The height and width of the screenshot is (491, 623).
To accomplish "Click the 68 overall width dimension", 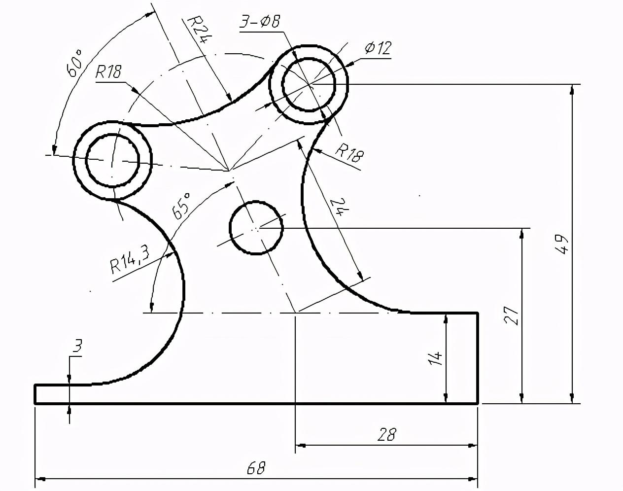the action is [x=256, y=468].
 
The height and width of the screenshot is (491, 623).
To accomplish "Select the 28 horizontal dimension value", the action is [x=386, y=434].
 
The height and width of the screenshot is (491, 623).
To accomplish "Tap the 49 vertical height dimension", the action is [x=562, y=244].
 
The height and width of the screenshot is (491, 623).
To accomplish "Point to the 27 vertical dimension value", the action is [x=512, y=316].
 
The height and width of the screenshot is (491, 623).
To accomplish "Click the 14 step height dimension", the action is [x=435, y=358].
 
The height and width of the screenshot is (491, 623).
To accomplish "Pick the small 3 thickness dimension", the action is [x=77, y=346].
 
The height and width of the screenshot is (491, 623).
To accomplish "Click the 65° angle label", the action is [x=181, y=206].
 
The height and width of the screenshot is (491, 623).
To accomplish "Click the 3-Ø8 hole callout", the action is [x=260, y=22].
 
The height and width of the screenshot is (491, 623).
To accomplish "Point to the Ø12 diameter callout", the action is [x=378, y=48].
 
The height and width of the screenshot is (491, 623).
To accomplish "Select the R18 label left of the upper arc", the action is [x=108, y=71].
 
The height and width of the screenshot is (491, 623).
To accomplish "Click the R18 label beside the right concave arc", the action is [x=349, y=153].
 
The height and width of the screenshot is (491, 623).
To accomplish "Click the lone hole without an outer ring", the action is [x=256, y=228].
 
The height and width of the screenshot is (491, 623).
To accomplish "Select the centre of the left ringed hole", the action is [x=112, y=160].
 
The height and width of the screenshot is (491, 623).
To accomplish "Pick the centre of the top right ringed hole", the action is [x=309, y=84].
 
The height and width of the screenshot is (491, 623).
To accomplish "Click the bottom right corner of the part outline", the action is [x=478, y=403].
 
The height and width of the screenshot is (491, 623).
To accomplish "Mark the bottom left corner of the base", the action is [x=35, y=403].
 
